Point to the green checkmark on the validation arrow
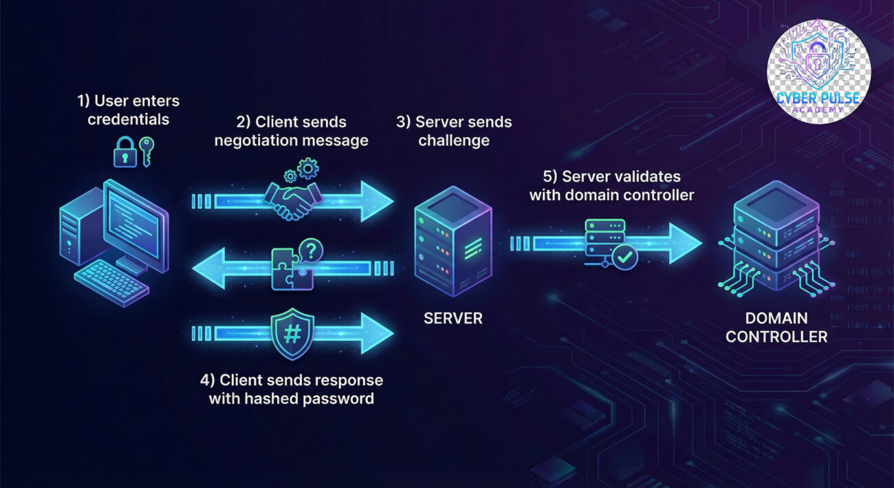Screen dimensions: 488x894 click(625, 257)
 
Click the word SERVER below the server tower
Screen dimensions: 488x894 click(453, 318)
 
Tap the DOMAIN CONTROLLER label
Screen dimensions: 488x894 click(776, 328)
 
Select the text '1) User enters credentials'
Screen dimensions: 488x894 click(129, 110)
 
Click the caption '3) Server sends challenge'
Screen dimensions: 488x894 click(454, 131)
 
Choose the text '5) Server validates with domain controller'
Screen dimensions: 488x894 click(611, 186)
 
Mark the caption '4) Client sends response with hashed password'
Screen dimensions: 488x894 click(292, 389)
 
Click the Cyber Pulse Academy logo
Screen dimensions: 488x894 click(818, 72)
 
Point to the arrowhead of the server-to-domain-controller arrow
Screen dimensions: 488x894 click(684, 243)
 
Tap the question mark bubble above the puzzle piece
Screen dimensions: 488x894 click(312, 250)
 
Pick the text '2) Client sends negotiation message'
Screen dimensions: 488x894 click(292, 131)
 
